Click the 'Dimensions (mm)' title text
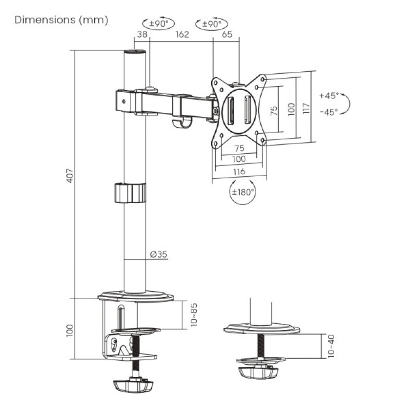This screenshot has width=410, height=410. click(61, 20)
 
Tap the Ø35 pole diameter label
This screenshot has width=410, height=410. click(158, 255)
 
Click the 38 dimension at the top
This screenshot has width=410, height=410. click(142, 34)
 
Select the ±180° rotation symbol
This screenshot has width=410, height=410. click(242, 191)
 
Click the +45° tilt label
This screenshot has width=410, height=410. click(329, 96)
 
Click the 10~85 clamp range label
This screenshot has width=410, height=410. click(194, 314)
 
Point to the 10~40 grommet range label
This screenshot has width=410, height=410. click(331, 347)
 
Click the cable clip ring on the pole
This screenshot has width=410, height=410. click(130, 193)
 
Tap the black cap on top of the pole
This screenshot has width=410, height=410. click(135, 52)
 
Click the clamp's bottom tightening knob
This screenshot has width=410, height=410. click(133, 386)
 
